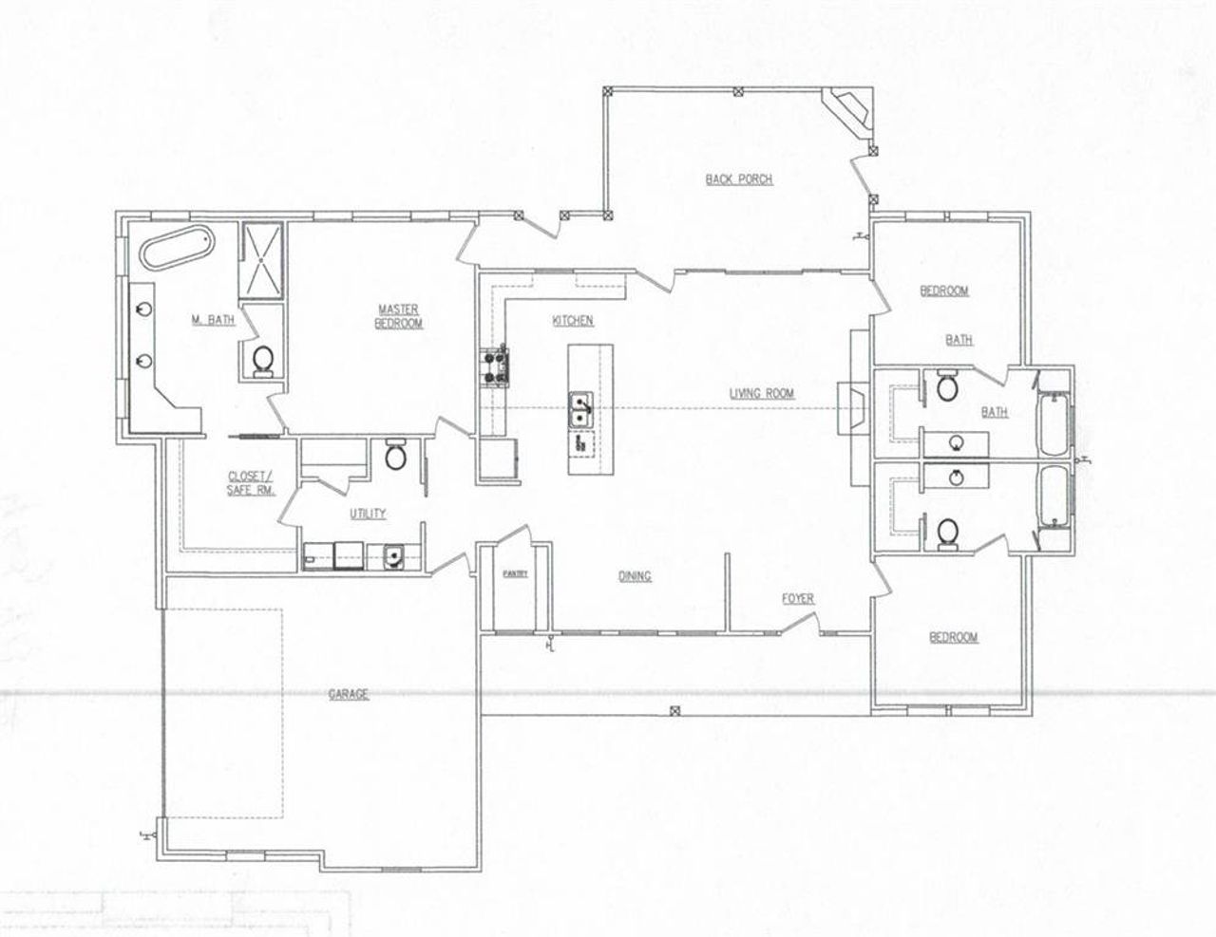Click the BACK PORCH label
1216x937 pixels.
click(x=738, y=178)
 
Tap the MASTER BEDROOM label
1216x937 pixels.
click(x=399, y=316)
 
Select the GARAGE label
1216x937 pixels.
click(x=348, y=694)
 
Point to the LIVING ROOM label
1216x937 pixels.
click(x=761, y=392)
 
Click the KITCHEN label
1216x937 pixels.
click(x=573, y=321)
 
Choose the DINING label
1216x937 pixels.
click(x=635, y=575)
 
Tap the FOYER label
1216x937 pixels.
click(x=797, y=598)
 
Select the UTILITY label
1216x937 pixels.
click(x=368, y=514)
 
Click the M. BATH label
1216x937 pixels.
click(x=213, y=321)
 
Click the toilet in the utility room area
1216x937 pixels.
click(x=397, y=456)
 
